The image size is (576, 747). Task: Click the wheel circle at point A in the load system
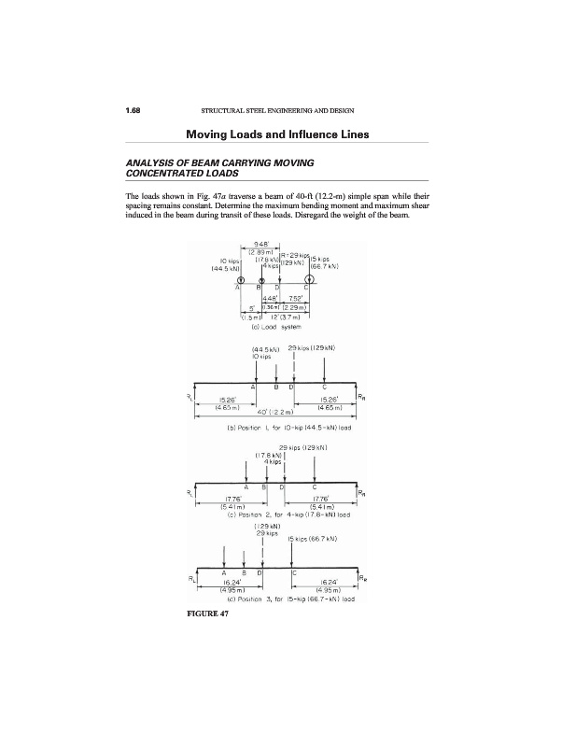(x=241, y=279)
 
